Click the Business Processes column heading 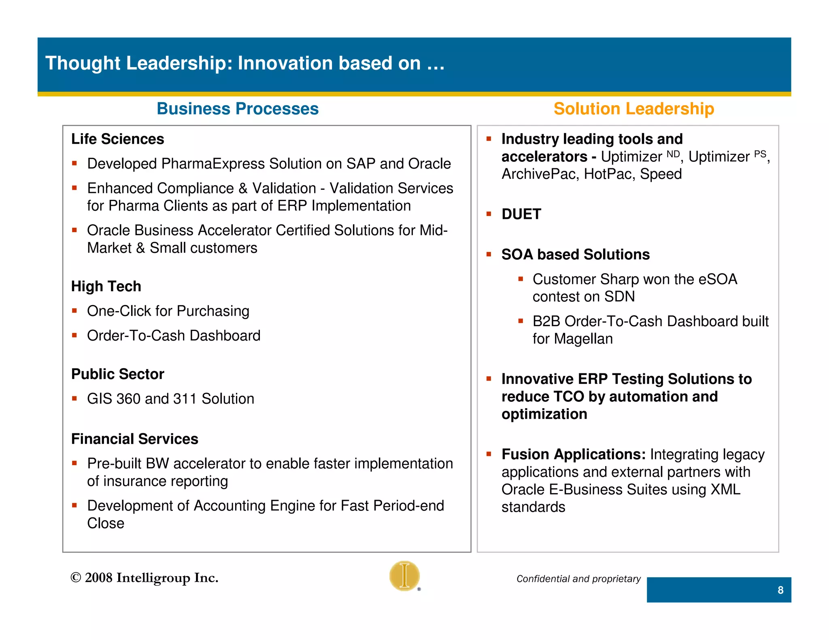click(238, 109)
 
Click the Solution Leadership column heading click(633, 109)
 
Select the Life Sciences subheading click(117, 139)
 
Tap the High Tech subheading click(106, 286)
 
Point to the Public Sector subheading click(117, 374)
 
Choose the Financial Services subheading click(134, 439)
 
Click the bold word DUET click(521, 214)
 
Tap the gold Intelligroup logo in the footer click(404, 576)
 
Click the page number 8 click(780, 590)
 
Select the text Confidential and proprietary click(578, 579)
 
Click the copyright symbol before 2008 click(76, 578)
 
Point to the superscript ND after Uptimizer click(673, 154)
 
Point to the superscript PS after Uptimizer click(760, 154)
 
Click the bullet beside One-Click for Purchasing click(74, 311)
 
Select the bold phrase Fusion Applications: click(573, 454)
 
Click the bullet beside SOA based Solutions click(489, 254)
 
